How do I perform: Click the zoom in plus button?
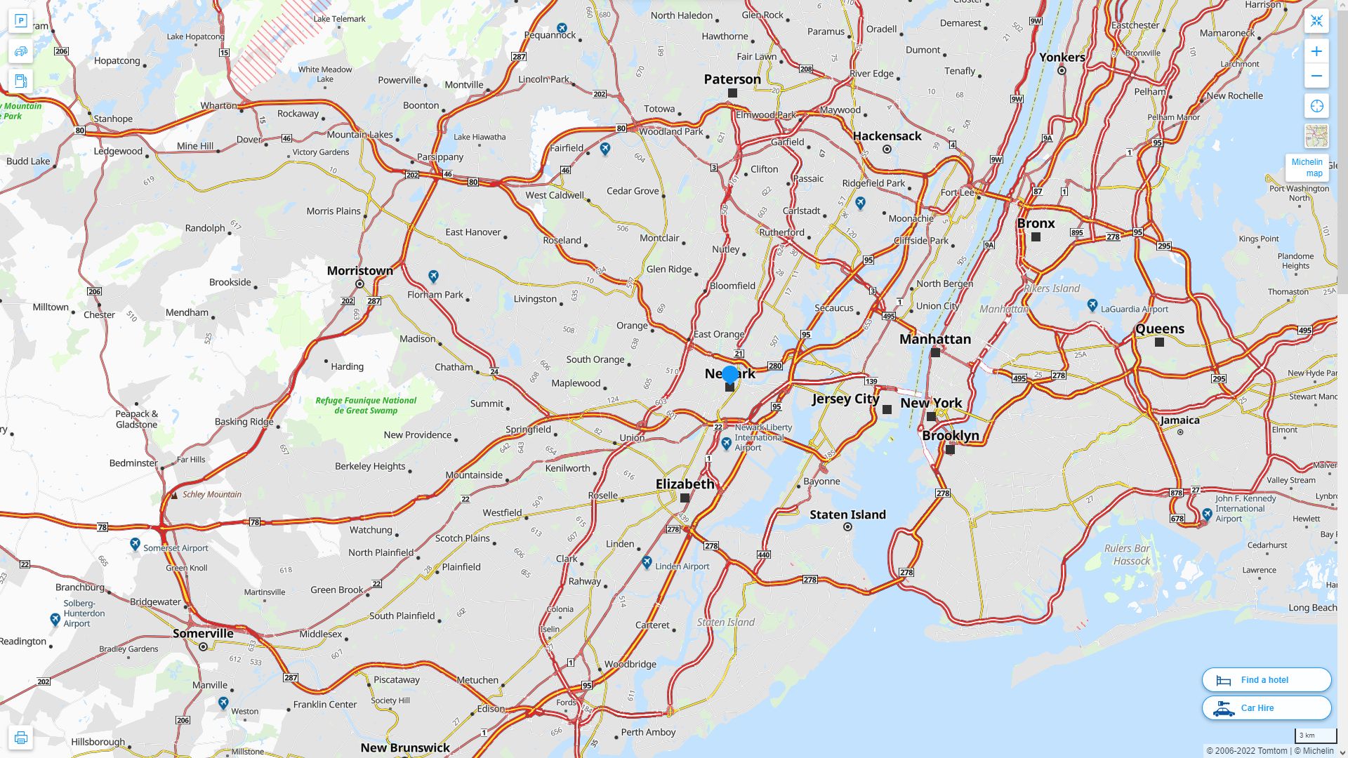pos(1316,51)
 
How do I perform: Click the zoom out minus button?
pos(1316,76)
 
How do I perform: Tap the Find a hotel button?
pos(1266,679)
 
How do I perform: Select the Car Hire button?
pos(1266,707)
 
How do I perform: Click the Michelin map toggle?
pos(1307,167)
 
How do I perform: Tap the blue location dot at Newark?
pos(730,374)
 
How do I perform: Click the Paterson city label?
pos(732,79)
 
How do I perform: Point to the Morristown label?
pos(359,270)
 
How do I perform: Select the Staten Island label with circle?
pos(847,514)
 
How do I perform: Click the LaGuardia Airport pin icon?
pos(1092,305)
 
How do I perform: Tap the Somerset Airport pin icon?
pos(136,544)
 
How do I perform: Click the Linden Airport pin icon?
pos(647,563)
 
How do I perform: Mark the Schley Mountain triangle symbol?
pos(174,496)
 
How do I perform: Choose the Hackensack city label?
pos(887,136)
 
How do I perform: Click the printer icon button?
pos(20,738)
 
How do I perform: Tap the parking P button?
pos(20,21)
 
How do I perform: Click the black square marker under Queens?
pos(1159,343)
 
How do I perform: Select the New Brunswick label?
pos(405,747)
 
